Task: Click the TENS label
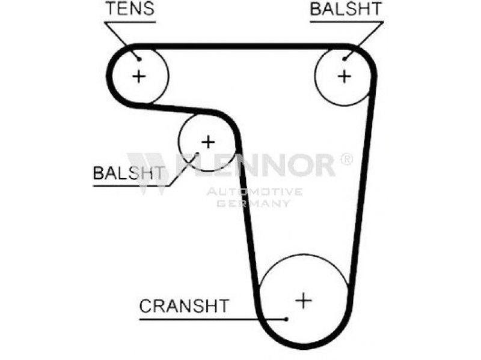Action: [129, 9]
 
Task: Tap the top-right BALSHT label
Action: [346, 9]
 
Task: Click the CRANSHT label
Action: [183, 305]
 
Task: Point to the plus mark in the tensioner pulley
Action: [139, 76]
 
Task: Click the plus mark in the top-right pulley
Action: [344, 76]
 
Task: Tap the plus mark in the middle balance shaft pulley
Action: [207, 142]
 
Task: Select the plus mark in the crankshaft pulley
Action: [304, 299]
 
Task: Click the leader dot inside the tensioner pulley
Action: [139, 59]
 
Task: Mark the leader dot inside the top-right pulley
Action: [346, 58]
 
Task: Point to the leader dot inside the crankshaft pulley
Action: [288, 319]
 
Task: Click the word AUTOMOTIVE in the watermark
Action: [254, 192]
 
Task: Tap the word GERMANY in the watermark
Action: [254, 204]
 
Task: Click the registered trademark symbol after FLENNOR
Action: [346, 159]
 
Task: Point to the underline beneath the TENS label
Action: [129, 22]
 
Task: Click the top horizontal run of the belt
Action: [240, 46]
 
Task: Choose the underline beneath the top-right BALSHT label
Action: [346, 22]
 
